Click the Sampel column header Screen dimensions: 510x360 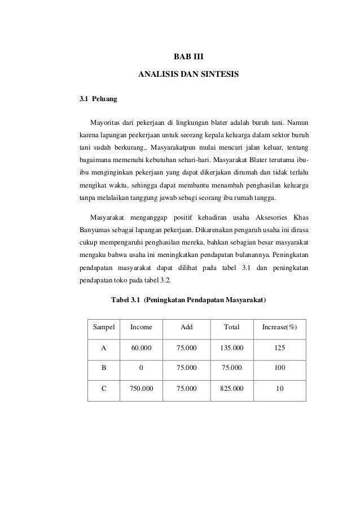pos(103,327)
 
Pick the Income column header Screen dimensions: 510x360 pos(141,327)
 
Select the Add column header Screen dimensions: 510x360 pos(186,327)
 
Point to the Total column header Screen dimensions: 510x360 pos(231,327)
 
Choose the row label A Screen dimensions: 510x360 pos(103,348)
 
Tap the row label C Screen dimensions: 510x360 pos(103,389)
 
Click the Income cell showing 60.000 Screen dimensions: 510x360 pos(141,348)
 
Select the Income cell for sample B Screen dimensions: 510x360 pos(141,368)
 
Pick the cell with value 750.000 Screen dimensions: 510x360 pos(141,389)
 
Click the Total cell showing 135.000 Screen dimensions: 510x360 pos(231,348)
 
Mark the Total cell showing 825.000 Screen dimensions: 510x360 pos(231,389)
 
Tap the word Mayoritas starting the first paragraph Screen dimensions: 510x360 pos(107,121)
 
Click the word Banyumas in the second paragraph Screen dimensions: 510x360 pos(94,229)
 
